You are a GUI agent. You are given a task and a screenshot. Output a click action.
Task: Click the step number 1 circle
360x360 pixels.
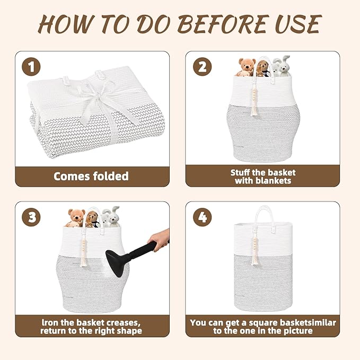(x=31, y=67)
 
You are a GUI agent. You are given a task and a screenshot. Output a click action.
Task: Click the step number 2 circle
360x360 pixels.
(x=203, y=67)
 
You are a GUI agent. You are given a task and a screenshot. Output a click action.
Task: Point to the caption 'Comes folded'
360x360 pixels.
(x=91, y=176)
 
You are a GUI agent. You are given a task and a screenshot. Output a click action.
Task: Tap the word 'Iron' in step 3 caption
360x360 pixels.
(x=51, y=322)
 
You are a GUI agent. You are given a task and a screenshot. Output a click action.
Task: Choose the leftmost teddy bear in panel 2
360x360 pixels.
(x=246, y=67)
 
